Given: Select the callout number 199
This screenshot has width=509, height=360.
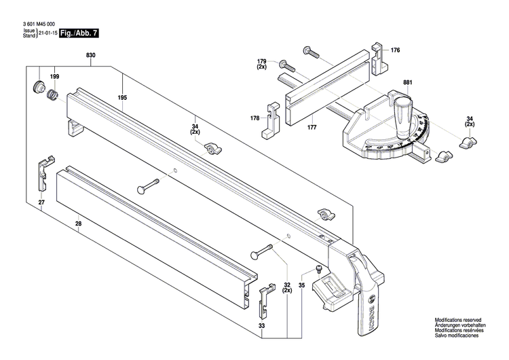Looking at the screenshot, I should pyautogui.click(x=54, y=77).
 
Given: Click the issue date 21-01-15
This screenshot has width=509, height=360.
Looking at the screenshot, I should pyautogui.click(x=47, y=33).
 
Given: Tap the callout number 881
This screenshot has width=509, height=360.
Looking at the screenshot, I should pyautogui.click(x=407, y=83).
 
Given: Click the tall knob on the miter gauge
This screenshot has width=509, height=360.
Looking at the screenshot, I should pyautogui.click(x=404, y=111).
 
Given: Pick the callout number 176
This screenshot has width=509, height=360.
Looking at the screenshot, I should pyautogui.click(x=396, y=50).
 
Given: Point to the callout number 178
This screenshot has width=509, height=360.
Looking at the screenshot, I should pyautogui.click(x=255, y=118).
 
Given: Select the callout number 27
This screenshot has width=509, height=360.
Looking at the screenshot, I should pyautogui.click(x=41, y=202).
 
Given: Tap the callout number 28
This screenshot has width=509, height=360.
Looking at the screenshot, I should pyautogui.click(x=78, y=223).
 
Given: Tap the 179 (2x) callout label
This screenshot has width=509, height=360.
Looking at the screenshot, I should pyautogui.click(x=262, y=65).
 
